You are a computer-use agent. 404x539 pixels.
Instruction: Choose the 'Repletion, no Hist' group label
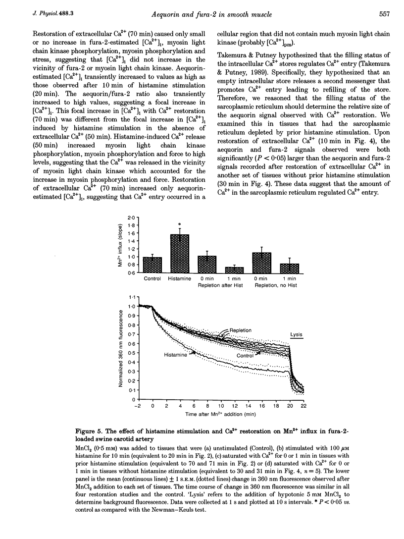[276, 286]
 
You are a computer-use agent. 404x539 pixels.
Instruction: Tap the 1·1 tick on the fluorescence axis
[131, 296]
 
